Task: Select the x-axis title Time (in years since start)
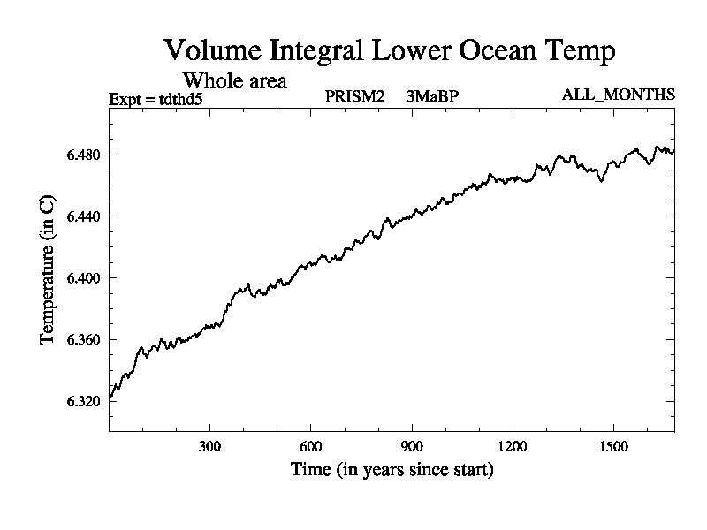tap(392, 470)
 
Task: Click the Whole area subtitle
tap(234, 81)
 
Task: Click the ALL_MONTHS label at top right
tap(619, 95)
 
